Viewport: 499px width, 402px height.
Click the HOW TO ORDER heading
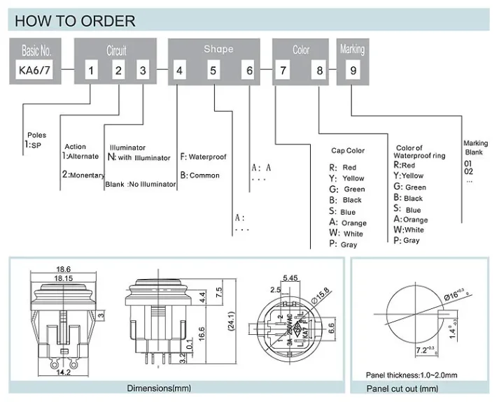tap(76, 21)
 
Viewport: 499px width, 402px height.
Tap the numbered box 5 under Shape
tap(213, 70)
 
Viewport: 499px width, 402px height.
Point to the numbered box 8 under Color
tap(320, 70)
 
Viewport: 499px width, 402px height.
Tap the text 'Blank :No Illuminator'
tap(140, 185)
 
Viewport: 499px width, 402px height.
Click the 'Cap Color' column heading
tap(348, 151)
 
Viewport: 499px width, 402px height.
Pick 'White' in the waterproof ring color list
tap(414, 229)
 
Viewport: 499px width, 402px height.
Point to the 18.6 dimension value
tap(64, 269)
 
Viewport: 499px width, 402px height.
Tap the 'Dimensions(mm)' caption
tap(160, 389)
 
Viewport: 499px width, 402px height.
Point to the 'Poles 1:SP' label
tap(34, 140)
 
